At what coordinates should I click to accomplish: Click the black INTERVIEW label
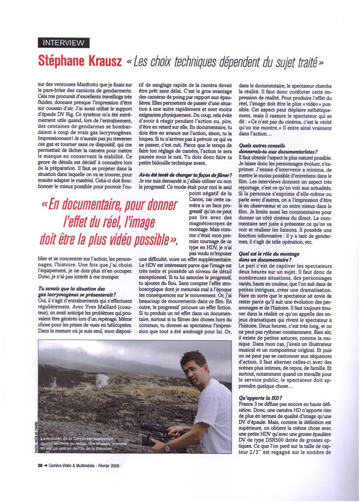(x=64, y=43)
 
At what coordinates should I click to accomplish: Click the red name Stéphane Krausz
(x=80, y=61)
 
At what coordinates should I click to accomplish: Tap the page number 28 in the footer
(x=40, y=466)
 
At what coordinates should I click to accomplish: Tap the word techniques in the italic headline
(x=204, y=62)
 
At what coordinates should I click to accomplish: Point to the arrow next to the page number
(x=46, y=466)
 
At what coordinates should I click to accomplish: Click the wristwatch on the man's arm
(x=168, y=447)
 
